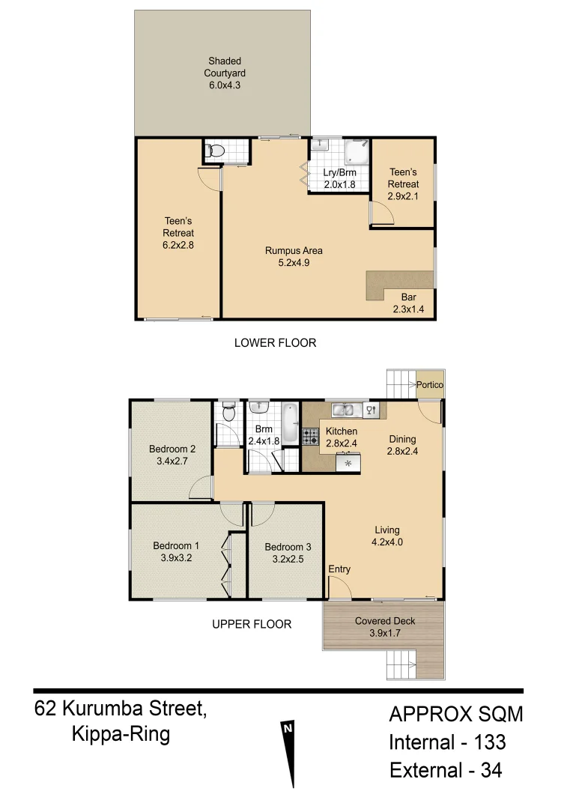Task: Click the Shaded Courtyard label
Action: (x=226, y=73)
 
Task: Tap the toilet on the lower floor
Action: (x=216, y=151)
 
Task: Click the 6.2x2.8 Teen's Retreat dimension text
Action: (x=178, y=244)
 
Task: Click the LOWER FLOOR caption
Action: (x=275, y=343)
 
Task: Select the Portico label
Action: (x=430, y=385)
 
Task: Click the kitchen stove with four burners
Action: (x=310, y=436)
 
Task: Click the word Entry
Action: (x=339, y=569)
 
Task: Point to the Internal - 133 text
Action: (x=447, y=742)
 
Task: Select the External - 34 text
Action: (x=446, y=770)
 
